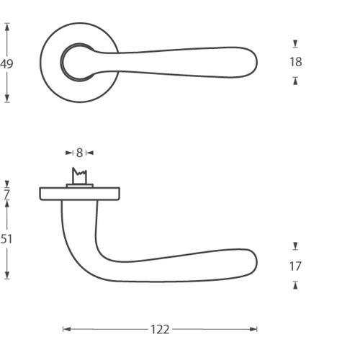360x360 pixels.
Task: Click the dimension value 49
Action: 7,64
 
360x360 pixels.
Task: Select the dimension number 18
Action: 295,62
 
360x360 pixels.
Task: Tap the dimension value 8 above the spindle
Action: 79,153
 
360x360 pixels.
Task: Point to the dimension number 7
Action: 6,194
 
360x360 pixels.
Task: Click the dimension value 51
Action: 6,239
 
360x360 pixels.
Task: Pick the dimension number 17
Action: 295,266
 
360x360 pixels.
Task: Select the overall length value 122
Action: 160,329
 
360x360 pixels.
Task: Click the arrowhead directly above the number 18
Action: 295,45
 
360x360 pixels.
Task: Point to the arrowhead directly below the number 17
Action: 295,284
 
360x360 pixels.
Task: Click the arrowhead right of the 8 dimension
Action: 90,153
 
